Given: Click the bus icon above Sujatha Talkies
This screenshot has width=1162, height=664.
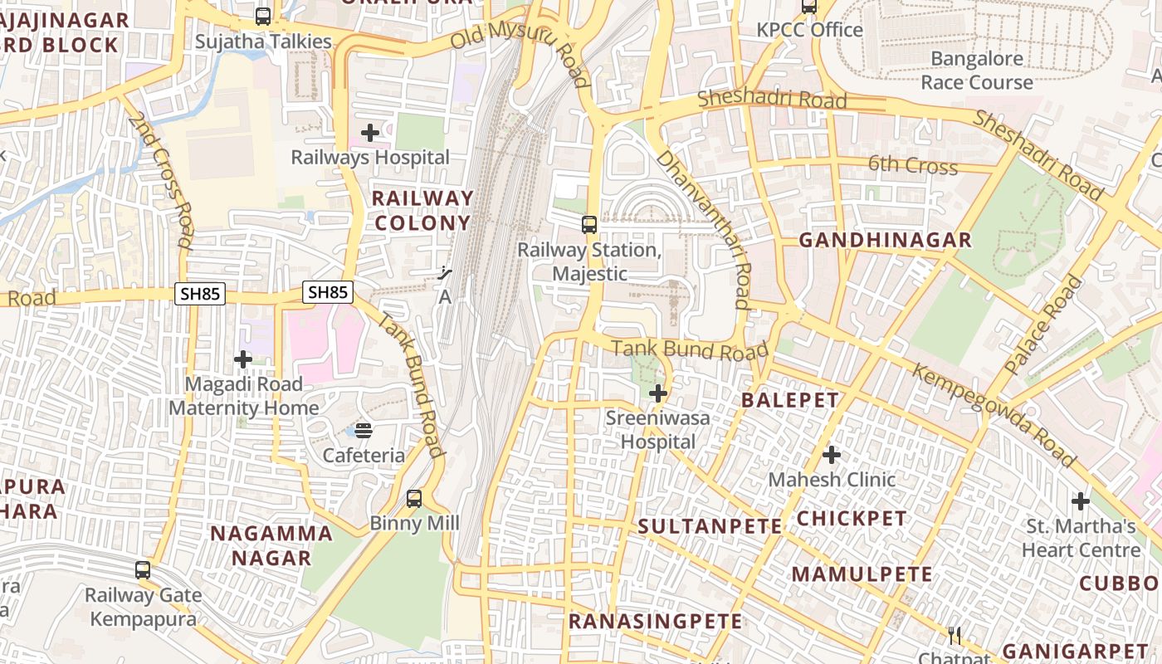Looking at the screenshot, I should tap(263, 16).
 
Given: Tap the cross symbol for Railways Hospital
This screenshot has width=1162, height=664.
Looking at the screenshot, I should tap(370, 133).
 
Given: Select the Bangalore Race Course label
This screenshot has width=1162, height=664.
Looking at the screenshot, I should tap(977, 71).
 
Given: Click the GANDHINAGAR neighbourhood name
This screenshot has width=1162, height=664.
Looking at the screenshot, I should tap(885, 241).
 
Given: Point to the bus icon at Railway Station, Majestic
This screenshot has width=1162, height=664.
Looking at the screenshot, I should tap(589, 224).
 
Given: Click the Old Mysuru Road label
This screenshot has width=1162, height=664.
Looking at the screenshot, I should tap(520, 51).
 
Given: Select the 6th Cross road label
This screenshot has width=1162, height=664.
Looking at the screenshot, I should tap(913, 165).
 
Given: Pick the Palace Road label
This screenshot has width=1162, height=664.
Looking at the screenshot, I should tap(1043, 324).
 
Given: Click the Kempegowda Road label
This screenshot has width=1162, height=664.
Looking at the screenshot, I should tap(994, 414).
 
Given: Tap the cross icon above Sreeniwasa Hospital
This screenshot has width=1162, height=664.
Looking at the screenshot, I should tap(658, 393).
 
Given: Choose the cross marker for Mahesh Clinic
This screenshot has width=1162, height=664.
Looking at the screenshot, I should tap(832, 455).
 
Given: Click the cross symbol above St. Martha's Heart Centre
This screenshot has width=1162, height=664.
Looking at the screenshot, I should tap(1081, 501).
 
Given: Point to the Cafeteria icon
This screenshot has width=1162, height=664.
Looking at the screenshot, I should tap(364, 430).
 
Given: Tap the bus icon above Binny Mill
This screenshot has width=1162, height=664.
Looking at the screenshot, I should tap(414, 499).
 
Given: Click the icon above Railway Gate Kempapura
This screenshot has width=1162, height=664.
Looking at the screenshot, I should tap(143, 570).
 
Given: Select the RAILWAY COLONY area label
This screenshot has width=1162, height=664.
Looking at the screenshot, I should tap(422, 211).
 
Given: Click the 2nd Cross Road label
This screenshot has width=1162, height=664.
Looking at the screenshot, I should tap(161, 181).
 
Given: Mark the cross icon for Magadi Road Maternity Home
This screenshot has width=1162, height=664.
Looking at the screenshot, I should tap(243, 359).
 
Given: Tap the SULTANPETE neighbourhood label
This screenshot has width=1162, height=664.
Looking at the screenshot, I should tap(710, 526).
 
